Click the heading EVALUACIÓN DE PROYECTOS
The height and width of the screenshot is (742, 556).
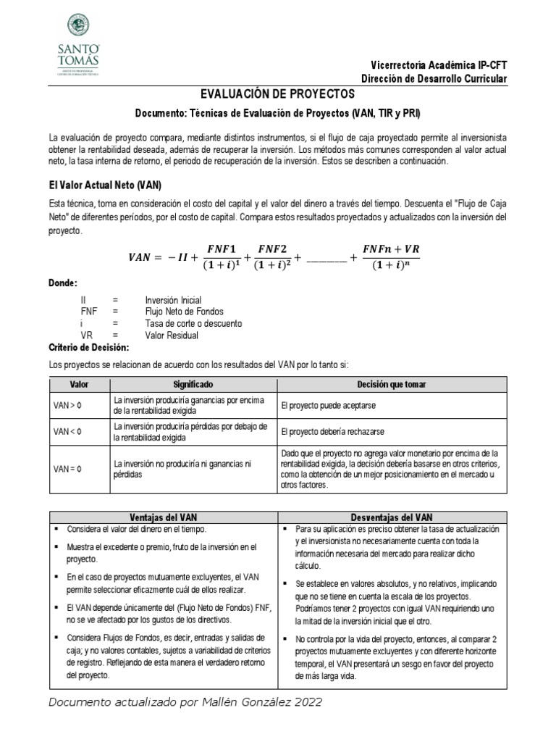(277, 95)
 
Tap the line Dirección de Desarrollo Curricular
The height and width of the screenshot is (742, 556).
(434, 79)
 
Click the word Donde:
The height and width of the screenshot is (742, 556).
(63, 283)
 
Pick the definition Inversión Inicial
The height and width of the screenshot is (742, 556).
(173, 299)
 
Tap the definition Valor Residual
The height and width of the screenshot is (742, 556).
(172, 335)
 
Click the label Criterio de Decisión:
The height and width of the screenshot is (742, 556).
(88, 348)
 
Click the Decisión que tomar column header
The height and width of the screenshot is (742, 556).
(392, 384)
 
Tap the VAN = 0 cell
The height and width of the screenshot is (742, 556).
(68, 469)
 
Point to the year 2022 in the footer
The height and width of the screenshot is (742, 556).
(307, 702)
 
